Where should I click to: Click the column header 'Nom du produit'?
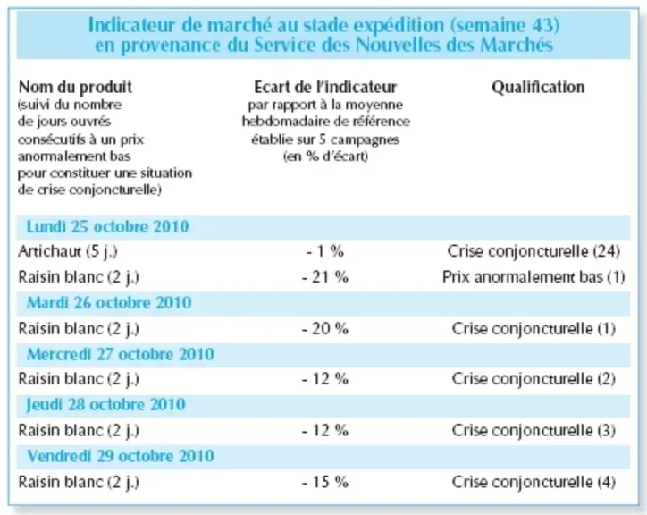coord(75,87)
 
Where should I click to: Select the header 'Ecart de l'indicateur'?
coord(325,87)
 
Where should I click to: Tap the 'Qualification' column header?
coord(538,87)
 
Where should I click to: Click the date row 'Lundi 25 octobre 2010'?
coord(107,227)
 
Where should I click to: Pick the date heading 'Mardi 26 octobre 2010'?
coord(109,303)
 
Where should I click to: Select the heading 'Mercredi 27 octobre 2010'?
coord(121,354)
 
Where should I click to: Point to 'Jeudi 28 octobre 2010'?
coord(105,405)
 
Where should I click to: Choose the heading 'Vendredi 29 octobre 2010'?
coord(121,456)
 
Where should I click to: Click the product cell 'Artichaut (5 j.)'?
coord(68,251)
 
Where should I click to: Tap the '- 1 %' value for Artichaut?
coord(325,251)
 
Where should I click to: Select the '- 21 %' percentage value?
coord(325,276)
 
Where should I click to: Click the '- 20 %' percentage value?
coord(325,329)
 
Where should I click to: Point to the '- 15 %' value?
coord(325,482)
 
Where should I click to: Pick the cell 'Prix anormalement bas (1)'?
coord(534,276)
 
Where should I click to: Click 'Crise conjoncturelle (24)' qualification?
coord(534,251)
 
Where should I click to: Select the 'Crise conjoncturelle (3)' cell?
coord(534,430)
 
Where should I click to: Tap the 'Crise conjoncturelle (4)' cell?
coord(534,482)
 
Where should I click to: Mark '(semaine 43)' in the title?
coord(505,25)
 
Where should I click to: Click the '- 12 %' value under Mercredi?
coord(325,379)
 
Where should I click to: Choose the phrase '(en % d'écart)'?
coord(325,156)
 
